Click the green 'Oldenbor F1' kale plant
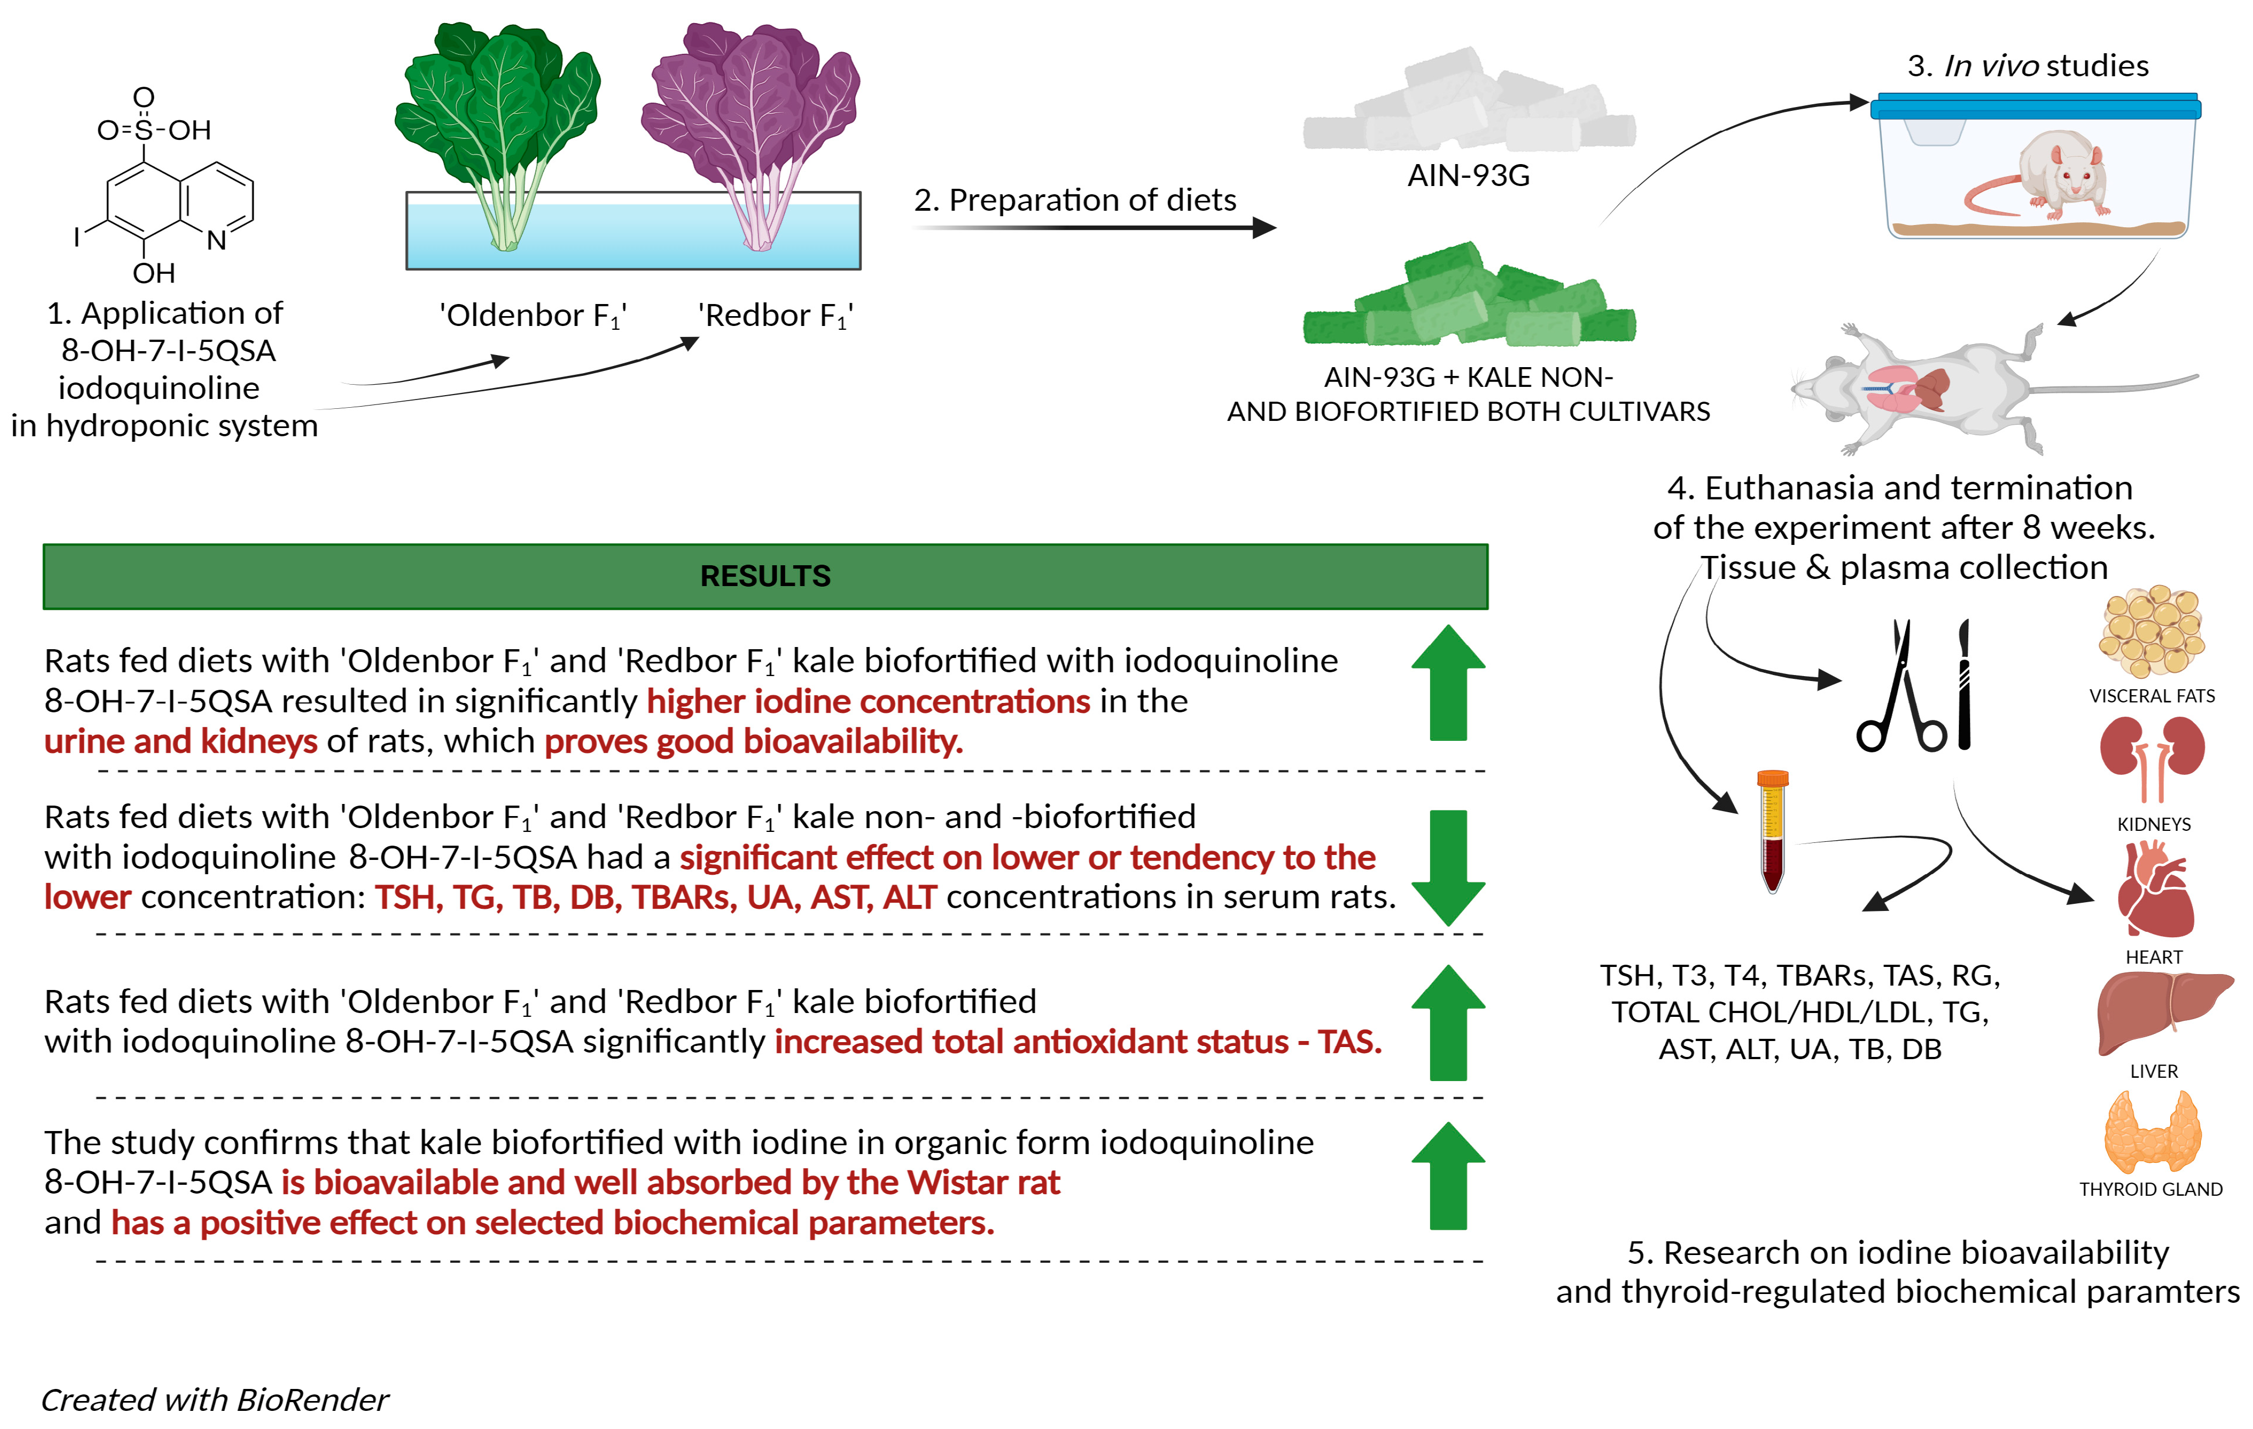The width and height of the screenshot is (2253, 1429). tap(500, 122)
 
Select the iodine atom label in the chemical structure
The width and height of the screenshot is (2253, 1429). tap(77, 237)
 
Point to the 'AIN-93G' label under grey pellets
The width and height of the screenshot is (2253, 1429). tap(1468, 175)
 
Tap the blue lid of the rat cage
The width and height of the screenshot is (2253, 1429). tap(2035, 106)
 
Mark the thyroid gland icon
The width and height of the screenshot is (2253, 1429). tap(2152, 1132)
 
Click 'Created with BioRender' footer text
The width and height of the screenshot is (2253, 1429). tap(214, 1399)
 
